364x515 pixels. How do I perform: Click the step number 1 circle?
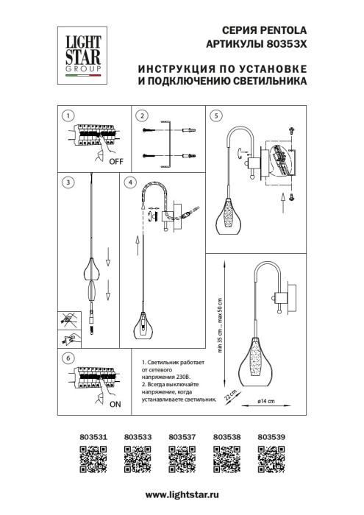(67, 116)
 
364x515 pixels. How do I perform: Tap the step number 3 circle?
(67, 182)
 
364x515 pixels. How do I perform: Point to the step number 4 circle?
(131, 182)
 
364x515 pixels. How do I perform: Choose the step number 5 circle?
(215, 116)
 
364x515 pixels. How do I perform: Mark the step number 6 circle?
(67, 358)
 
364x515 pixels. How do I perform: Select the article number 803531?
(93, 436)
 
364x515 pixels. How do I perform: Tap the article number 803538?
(226, 436)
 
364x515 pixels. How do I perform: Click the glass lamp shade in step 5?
(229, 218)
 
